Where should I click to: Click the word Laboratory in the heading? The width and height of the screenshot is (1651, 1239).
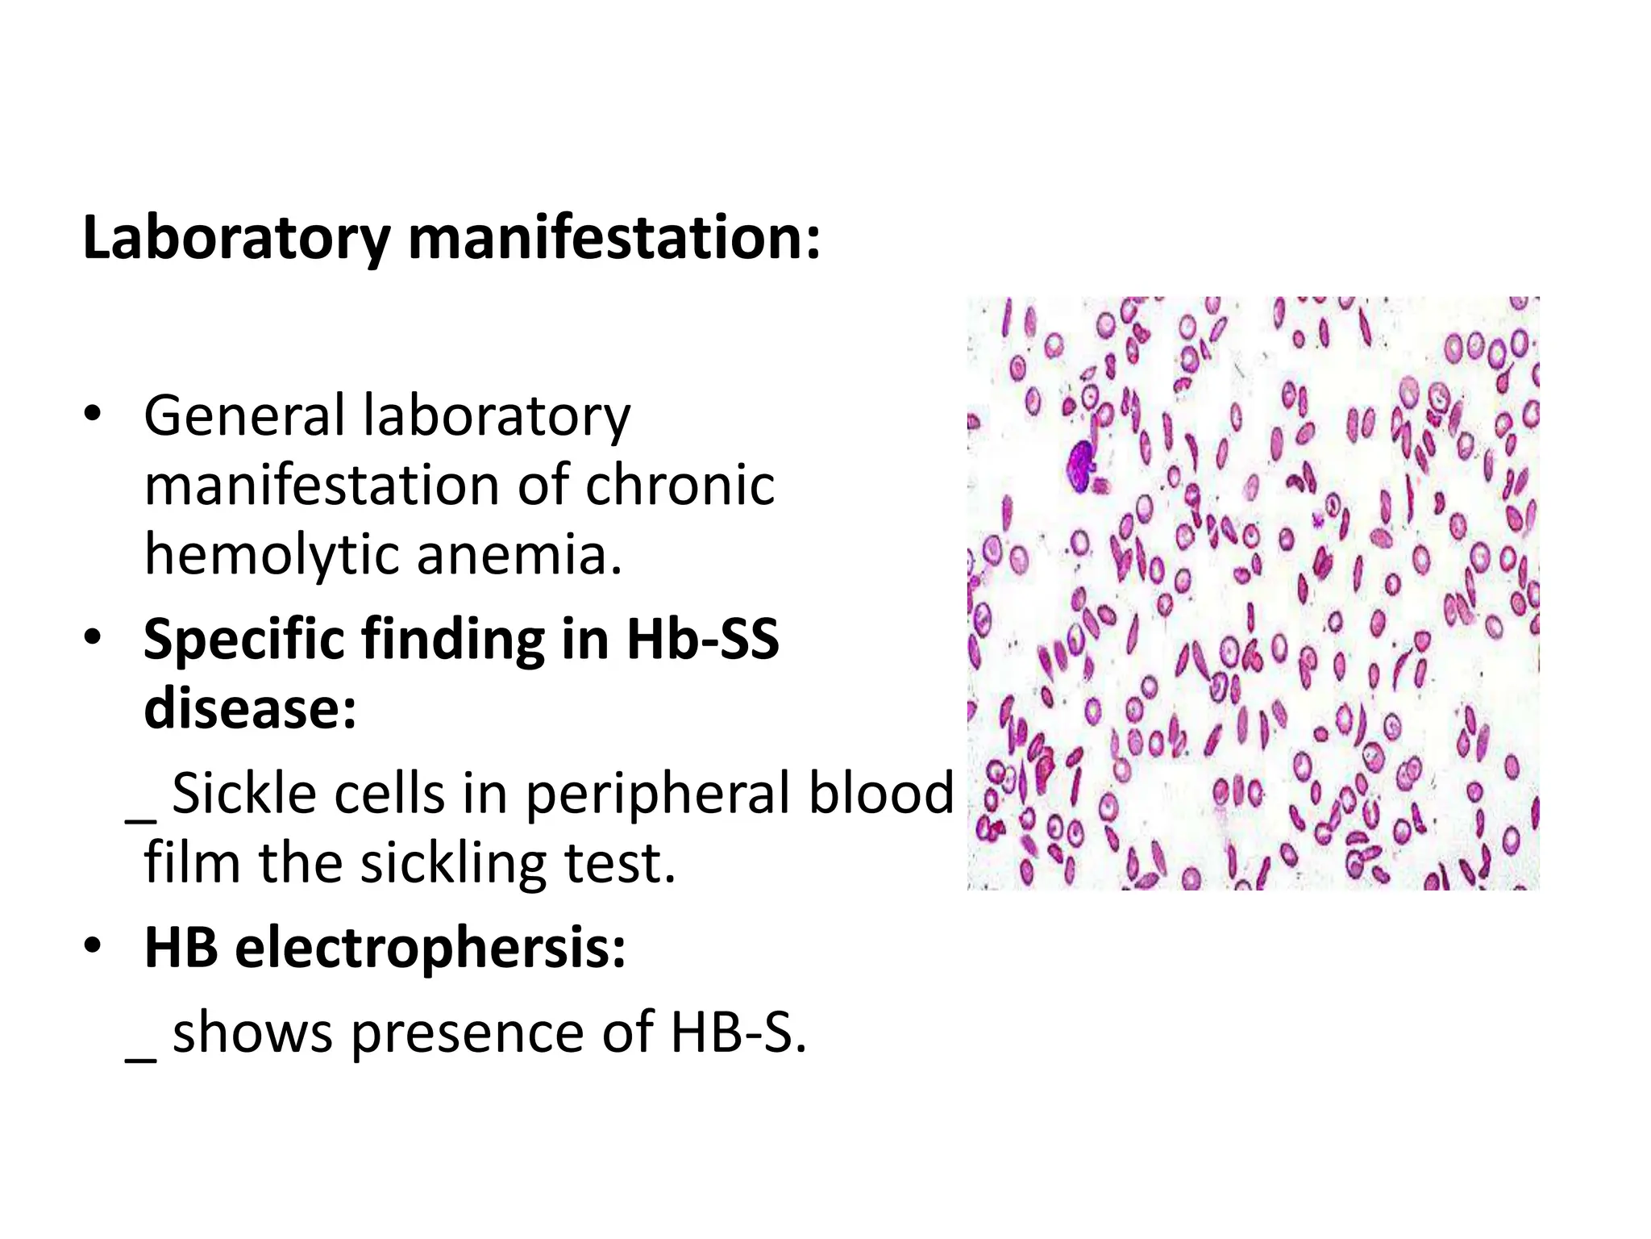click(x=236, y=239)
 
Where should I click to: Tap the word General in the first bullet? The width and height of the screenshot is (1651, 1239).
click(x=244, y=416)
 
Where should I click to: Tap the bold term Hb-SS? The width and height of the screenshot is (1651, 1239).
click(x=703, y=639)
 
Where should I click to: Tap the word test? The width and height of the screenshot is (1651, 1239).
click(x=619, y=863)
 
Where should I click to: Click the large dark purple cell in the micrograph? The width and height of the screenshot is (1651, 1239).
click(x=1081, y=465)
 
